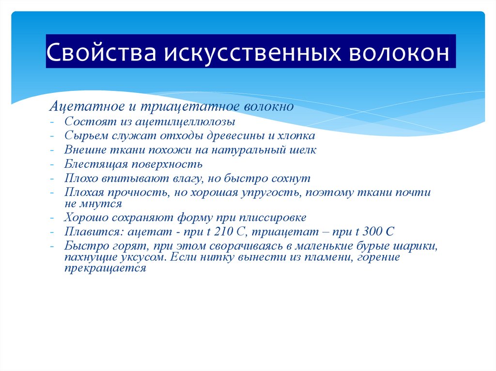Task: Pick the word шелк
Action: click(x=303, y=150)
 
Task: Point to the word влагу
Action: click(x=185, y=178)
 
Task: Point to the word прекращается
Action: click(x=105, y=268)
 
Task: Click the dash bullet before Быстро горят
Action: click(x=52, y=246)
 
